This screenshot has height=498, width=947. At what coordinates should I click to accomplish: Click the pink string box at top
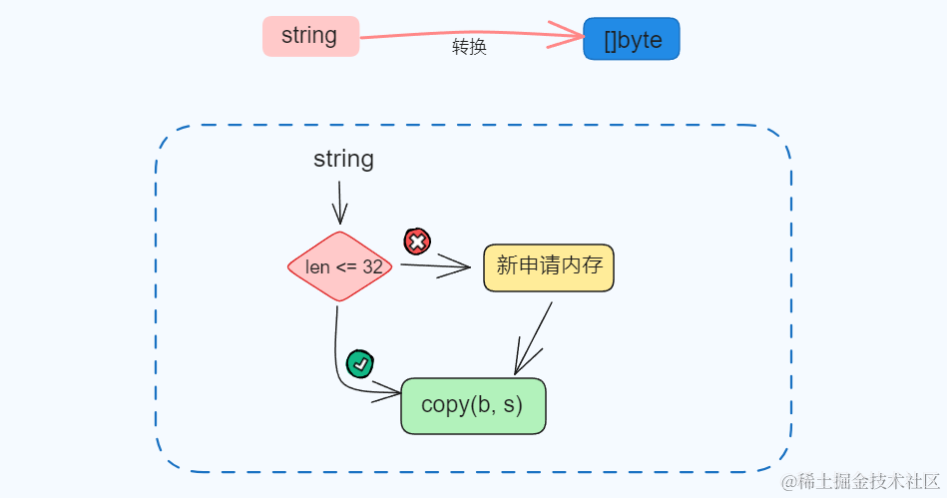coord(310,37)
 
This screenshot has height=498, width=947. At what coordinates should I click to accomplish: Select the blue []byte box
coord(631,40)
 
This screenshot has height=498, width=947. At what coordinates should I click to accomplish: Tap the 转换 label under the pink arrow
coord(469,48)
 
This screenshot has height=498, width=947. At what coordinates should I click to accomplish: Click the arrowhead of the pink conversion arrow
coord(574,36)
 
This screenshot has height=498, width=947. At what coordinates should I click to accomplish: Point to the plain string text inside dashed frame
coord(343,159)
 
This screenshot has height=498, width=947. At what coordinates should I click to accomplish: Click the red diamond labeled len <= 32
coord(340,266)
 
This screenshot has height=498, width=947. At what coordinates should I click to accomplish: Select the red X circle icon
coord(416,241)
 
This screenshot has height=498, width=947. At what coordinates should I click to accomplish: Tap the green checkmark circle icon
coord(360,364)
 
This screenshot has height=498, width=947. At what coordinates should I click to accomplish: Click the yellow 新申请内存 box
coord(548,267)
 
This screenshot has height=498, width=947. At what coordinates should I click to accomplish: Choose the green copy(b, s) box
coord(473,406)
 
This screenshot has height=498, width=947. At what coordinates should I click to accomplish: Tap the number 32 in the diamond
coord(372,267)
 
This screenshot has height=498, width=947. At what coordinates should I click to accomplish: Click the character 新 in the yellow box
coord(506,266)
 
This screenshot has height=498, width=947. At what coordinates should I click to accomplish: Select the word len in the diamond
coord(317,267)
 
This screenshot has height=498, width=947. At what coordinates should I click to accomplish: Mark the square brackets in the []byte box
coord(610,41)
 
